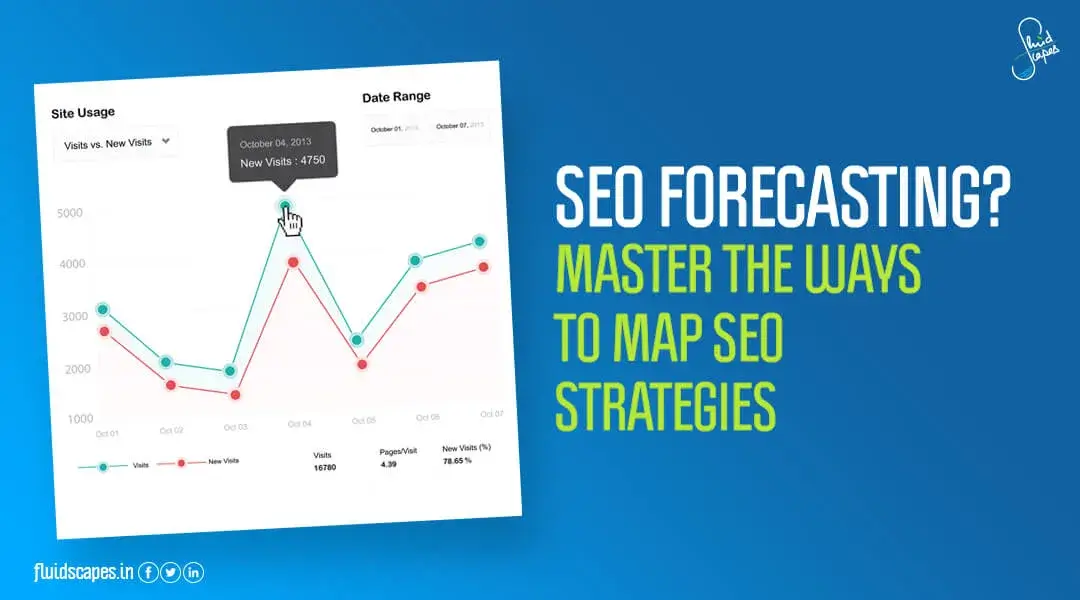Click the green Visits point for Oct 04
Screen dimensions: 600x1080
[x=286, y=207]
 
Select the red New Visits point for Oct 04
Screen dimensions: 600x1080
[x=293, y=262]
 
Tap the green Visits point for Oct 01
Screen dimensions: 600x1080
[x=103, y=309]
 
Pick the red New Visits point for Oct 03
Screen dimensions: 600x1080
[x=235, y=395]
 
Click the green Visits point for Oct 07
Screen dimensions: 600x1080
[x=479, y=241]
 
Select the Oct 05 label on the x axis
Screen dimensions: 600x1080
[x=363, y=420]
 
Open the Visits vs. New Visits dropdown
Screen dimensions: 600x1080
[x=117, y=143]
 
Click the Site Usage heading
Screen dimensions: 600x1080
[x=83, y=113]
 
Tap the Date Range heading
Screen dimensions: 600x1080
[x=396, y=97]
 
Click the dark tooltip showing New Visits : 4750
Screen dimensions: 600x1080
[x=282, y=152]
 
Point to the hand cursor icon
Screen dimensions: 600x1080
[x=292, y=221]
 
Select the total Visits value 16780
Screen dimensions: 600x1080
[x=324, y=468]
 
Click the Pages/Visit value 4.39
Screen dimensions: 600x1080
[x=389, y=464]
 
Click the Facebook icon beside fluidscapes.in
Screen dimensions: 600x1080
[x=147, y=572]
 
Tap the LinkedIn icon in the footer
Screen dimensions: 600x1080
[x=193, y=572]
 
